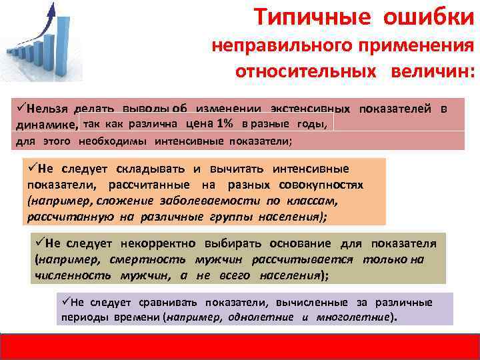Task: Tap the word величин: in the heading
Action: [x=433, y=71]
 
